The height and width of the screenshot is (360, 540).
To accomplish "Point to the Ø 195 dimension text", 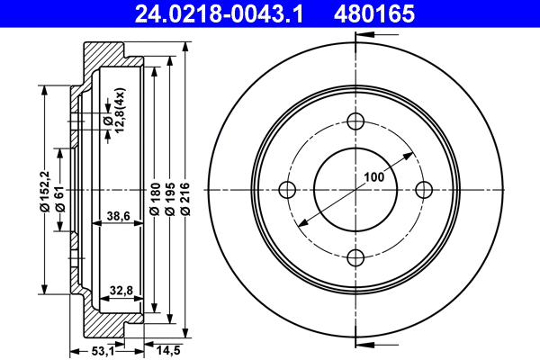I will point(170,196).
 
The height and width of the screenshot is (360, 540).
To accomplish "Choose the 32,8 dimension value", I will point(121,290).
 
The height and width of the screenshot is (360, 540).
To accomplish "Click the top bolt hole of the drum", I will point(355,122).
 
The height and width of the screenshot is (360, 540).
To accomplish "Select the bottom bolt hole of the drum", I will point(355,256).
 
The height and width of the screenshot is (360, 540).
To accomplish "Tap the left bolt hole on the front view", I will point(288,189).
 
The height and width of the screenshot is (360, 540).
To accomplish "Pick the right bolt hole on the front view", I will point(422,189).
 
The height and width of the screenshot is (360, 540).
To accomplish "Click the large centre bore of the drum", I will point(355,189).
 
